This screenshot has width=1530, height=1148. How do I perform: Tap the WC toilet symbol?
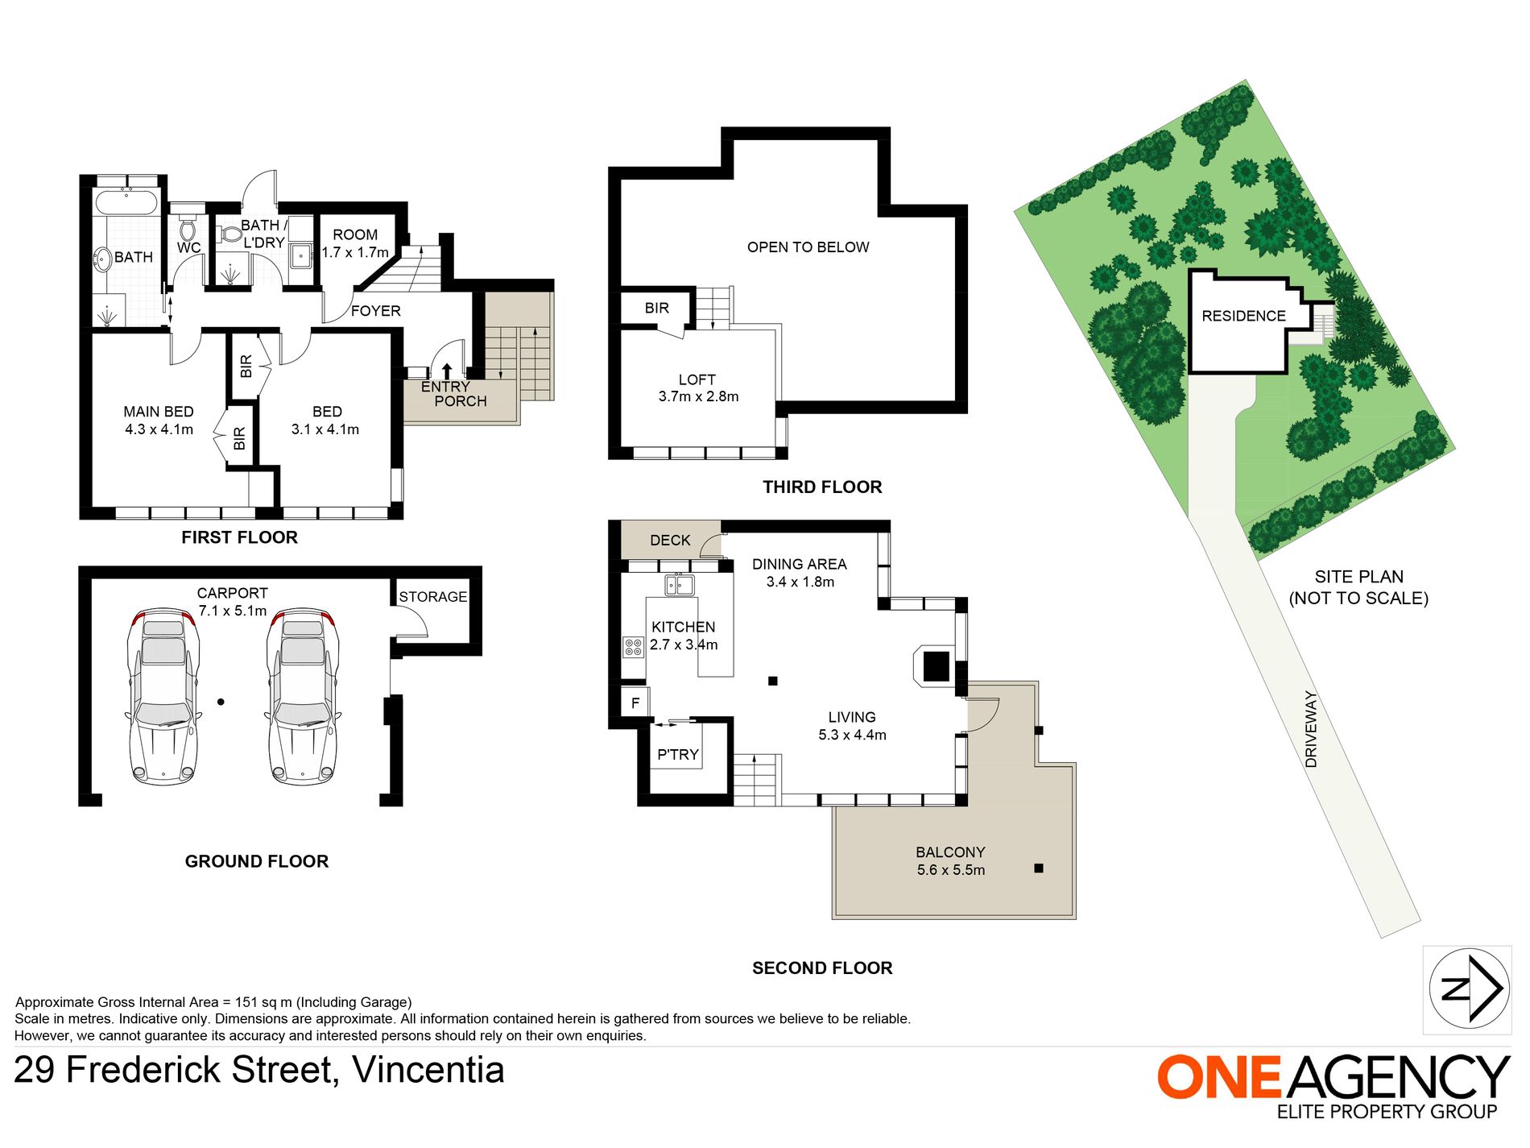click(188, 222)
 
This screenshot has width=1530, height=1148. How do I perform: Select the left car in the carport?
click(163, 695)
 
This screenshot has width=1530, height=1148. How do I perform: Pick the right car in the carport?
click(303, 695)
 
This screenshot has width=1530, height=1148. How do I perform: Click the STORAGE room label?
click(433, 597)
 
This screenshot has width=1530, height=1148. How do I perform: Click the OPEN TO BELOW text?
click(808, 247)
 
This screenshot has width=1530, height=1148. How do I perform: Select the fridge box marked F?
click(635, 703)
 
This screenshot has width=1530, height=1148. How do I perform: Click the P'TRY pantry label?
click(678, 755)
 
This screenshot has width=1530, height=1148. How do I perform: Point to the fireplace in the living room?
click(935, 666)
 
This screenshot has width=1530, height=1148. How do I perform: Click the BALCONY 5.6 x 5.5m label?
click(950, 861)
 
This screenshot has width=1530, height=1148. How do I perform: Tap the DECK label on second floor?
click(670, 541)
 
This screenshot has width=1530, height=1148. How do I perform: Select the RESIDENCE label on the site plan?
click(1243, 317)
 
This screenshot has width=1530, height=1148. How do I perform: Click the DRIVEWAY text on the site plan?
click(1311, 729)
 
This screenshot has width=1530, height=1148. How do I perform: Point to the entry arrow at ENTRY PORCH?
click(447, 371)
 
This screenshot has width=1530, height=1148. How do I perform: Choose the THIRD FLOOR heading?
click(822, 487)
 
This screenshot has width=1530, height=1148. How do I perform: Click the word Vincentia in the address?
click(428, 1071)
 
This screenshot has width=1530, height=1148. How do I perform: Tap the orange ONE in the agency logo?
click(1219, 1077)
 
